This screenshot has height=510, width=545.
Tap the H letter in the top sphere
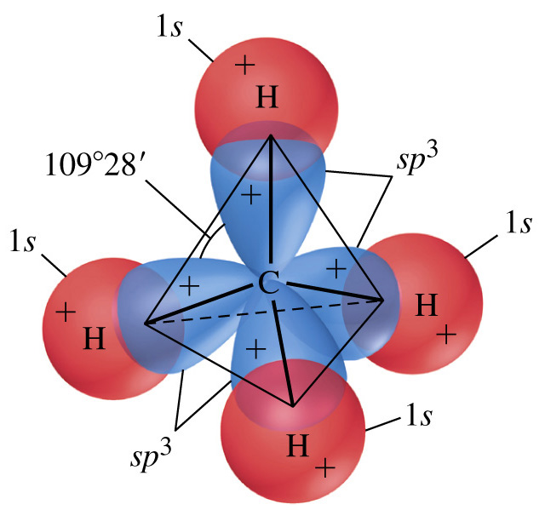267,97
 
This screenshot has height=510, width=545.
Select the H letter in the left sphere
95,338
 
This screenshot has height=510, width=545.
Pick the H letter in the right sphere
427,305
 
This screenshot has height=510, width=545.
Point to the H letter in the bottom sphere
298,445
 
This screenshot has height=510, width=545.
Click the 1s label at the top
169,26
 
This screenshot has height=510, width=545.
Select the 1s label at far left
23,240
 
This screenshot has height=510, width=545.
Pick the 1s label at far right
519,222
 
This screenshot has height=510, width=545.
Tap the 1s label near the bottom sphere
419,415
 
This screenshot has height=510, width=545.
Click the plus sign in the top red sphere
245,65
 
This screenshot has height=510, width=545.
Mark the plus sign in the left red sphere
66,312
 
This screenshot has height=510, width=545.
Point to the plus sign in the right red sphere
446,335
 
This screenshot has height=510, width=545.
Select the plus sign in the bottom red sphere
325,467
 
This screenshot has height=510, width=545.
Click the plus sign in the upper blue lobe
251,195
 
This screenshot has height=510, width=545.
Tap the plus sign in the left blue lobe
189,286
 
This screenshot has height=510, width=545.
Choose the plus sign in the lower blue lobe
255,348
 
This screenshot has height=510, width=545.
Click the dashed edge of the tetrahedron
264,312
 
